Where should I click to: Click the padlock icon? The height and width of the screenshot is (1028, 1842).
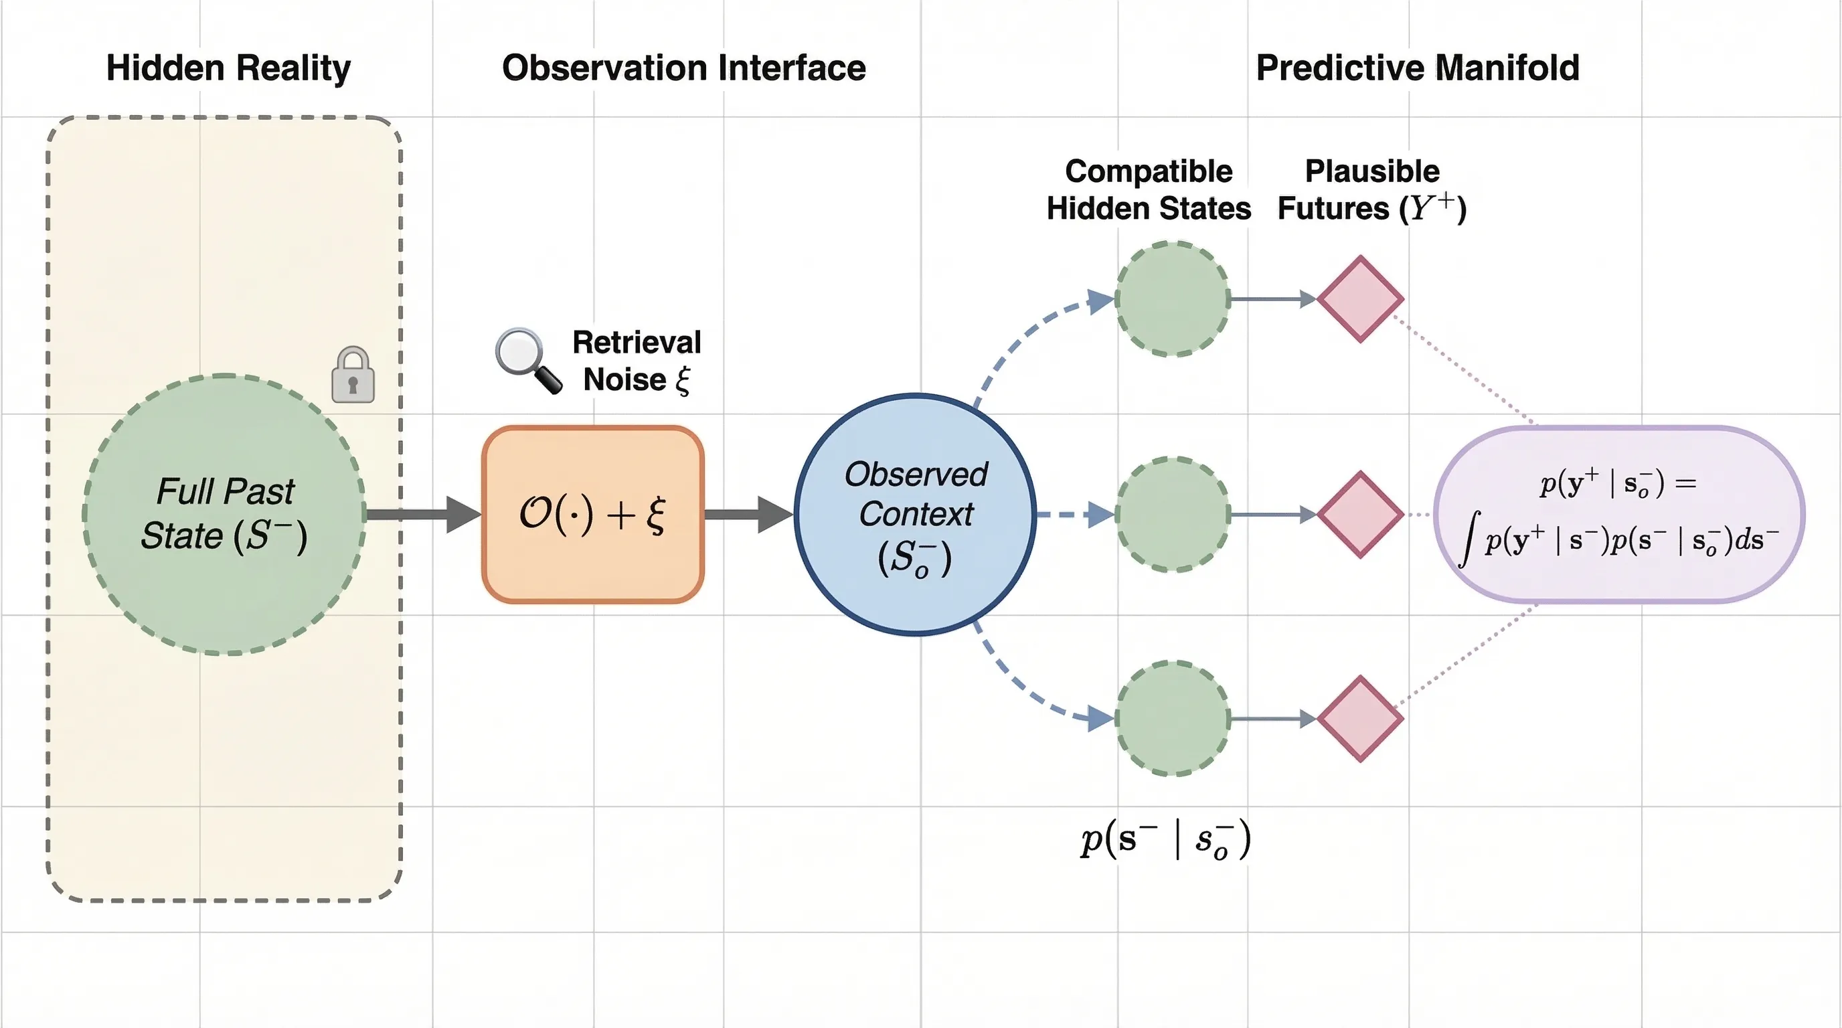(353, 375)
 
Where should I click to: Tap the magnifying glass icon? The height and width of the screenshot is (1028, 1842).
(527, 359)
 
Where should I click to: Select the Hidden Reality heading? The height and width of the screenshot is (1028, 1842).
(228, 68)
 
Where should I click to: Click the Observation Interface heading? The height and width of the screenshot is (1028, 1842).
(683, 68)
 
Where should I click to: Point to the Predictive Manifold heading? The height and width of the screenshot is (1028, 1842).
(1417, 68)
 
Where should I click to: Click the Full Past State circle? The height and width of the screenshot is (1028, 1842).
(224, 514)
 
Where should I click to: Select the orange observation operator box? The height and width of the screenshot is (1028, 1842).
(593, 514)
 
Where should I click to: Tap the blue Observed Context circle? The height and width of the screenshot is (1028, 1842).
(915, 514)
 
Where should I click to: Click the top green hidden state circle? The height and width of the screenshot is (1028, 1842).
(1173, 298)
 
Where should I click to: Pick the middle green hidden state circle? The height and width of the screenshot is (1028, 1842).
(1173, 514)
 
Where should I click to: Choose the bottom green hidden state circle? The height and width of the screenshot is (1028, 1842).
(1173, 718)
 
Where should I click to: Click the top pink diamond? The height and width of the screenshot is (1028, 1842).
(1360, 298)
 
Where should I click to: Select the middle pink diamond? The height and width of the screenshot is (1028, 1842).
(1360, 514)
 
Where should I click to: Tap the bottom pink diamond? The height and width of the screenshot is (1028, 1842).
(1360, 718)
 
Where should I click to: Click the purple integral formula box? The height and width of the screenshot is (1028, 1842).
(1620, 514)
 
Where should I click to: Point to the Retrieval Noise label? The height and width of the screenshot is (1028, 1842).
(637, 361)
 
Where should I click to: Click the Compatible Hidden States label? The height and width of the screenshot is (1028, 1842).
(1149, 189)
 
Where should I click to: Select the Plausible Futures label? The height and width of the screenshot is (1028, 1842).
(1371, 189)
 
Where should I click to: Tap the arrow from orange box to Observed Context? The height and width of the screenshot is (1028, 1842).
(748, 514)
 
